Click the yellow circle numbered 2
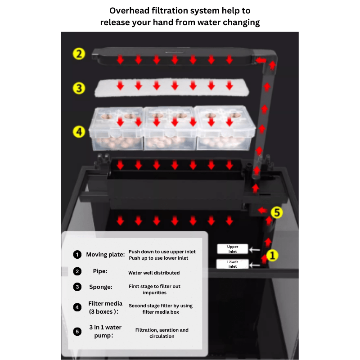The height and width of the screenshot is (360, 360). tap(79, 54)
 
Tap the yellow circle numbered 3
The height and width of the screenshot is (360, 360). tap(79, 88)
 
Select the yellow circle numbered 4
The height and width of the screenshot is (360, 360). tap(79, 132)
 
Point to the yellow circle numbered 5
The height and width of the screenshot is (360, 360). tap(277, 212)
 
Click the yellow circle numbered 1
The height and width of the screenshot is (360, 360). tap(272, 255)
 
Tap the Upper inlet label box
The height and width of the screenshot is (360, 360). tap(233, 249)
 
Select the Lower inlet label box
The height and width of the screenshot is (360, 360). tap(233, 264)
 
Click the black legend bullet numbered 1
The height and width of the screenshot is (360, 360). tap(77, 255)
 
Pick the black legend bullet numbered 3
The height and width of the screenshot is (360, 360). tap(77, 287)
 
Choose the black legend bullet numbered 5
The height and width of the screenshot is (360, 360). tap(77, 332)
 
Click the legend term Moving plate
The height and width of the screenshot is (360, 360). tap(105, 255)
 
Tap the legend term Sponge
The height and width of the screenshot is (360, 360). tap(101, 287)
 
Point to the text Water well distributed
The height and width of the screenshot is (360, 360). tap(154, 273)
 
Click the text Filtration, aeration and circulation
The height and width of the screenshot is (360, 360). tap(162, 333)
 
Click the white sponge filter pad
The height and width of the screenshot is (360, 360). tap(172, 87)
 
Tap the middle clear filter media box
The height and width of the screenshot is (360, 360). tap(170, 128)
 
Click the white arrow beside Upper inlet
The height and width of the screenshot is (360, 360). tap(254, 250)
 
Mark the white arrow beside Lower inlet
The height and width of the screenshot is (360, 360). tap(254, 265)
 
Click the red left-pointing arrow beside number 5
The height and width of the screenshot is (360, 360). tap(262, 210)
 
